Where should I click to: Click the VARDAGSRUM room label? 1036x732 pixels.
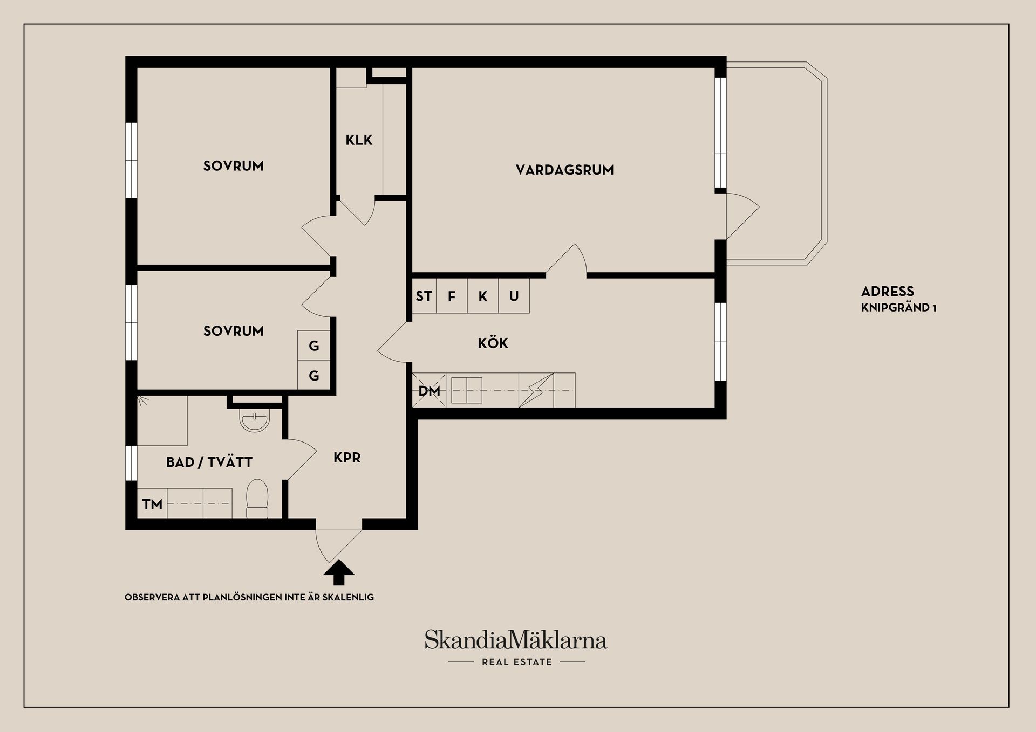pos(564,170)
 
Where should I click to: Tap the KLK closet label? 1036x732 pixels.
pos(359,140)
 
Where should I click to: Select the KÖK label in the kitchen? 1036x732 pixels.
pos(493,343)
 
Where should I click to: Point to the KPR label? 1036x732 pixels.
pos(346,458)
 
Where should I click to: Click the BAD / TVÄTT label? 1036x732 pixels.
pos(209,462)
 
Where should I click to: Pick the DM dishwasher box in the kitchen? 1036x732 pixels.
pos(430,390)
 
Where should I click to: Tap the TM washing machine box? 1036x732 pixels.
pos(152,504)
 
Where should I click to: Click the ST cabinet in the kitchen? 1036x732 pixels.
pos(424,296)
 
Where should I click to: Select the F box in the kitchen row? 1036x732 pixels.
pos(452,296)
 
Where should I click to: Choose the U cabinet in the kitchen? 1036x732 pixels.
pos(514,296)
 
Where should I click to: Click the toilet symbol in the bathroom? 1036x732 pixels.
pos(257,498)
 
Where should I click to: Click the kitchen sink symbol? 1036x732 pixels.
pos(467,390)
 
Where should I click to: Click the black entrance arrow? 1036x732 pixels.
pos(338,572)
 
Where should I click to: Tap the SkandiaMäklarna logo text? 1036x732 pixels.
pos(516,640)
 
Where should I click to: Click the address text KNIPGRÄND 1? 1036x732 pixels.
pos(898,308)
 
